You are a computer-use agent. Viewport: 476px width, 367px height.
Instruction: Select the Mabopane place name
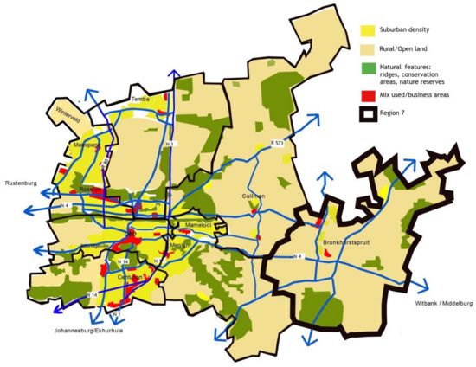pyautogui.click(x=87, y=145)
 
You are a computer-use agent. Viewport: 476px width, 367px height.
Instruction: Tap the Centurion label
pyautogui.click(x=132, y=277)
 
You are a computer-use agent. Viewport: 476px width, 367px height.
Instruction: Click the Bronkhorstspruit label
pyautogui.click(x=346, y=242)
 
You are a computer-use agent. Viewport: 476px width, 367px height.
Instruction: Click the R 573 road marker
pyautogui.click(x=277, y=142)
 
